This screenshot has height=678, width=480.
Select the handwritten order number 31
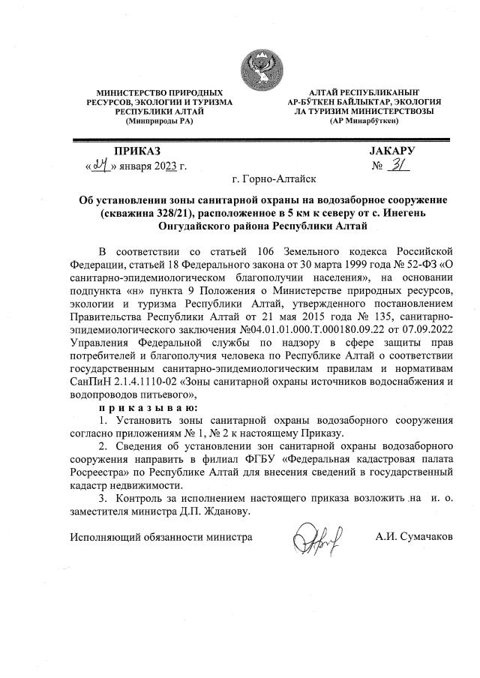397,166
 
